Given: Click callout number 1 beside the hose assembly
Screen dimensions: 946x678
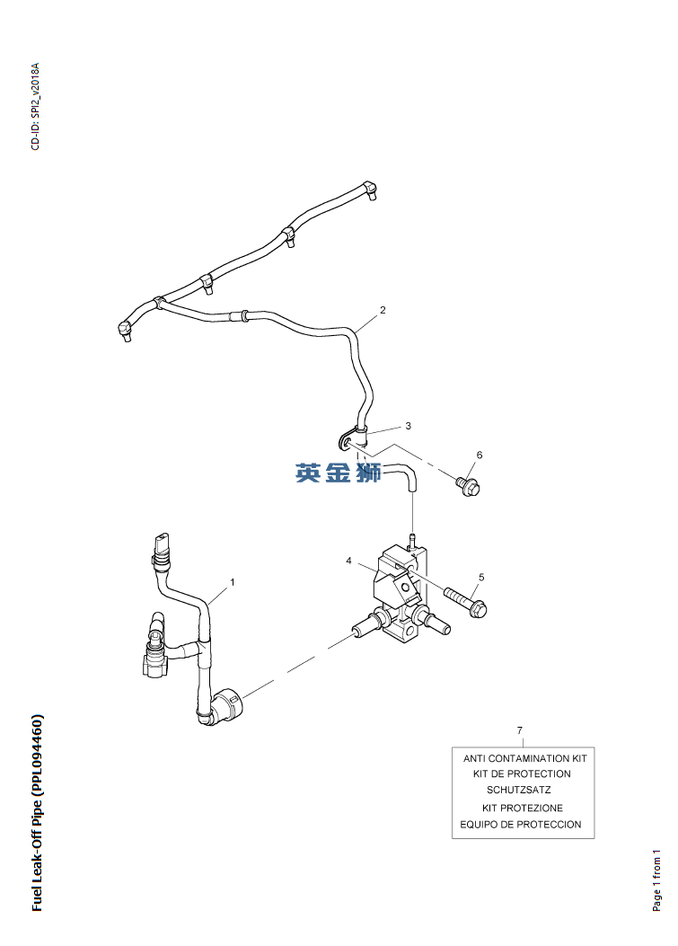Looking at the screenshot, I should (232, 582).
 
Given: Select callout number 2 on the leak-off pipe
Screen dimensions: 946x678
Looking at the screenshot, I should (383, 310).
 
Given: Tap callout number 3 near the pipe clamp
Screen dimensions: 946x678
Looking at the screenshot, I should (408, 425).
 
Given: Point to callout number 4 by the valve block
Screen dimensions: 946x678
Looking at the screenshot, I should (348, 561).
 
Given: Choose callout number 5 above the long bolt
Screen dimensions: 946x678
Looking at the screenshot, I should (481, 577).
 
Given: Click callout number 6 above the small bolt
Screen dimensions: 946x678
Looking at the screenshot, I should (479, 455).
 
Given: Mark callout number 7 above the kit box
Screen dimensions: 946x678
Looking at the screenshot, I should (519, 729).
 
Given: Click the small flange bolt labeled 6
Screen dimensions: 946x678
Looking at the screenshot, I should (468, 486).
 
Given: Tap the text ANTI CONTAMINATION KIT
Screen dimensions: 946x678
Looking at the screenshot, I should (524, 758).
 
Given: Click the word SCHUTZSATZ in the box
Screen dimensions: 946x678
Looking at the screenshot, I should (518, 791).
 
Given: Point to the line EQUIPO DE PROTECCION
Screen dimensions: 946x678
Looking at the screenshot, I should (521, 824).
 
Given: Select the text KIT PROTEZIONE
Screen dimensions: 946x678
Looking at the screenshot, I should (522, 808).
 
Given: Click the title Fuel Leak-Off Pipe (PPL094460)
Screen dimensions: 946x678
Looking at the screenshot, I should (37, 813).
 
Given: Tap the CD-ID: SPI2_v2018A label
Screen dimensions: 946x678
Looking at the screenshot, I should (36, 107).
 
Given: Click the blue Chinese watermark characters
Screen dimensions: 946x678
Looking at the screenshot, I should (339, 473).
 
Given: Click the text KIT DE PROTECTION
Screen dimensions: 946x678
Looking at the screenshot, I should (522, 774).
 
